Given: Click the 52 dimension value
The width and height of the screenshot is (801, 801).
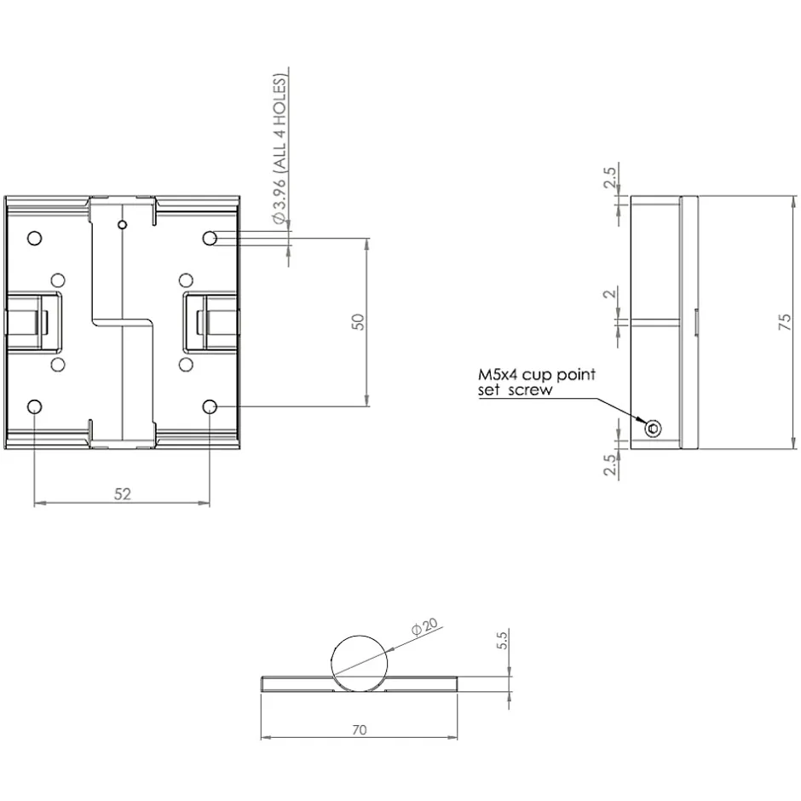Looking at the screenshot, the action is pyautogui.click(x=123, y=494).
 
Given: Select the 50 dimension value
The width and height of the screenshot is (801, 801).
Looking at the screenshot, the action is pyautogui.click(x=359, y=322).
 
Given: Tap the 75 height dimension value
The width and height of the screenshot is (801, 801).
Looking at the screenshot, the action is pyautogui.click(x=785, y=322).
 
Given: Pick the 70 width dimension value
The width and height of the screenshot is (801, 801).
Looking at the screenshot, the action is pyautogui.click(x=359, y=730).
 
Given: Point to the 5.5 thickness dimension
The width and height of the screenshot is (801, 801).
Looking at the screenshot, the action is pyautogui.click(x=502, y=641).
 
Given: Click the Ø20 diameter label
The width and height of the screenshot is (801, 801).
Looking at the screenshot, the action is pyautogui.click(x=424, y=626).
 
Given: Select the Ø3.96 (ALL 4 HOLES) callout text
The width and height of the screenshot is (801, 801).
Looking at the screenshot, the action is pyautogui.click(x=280, y=149).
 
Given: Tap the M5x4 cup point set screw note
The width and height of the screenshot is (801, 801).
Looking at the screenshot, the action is pyautogui.click(x=536, y=382).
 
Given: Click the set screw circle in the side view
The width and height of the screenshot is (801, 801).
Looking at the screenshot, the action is pyautogui.click(x=653, y=428).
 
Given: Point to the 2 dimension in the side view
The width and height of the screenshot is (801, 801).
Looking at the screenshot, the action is pyautogui.click(x=610, y=294).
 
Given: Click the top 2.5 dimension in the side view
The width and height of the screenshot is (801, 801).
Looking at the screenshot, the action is pyautogui.click(x=610, y=176).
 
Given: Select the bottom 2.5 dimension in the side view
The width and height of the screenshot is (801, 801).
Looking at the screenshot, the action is pyautogui.click(x=610, y=464).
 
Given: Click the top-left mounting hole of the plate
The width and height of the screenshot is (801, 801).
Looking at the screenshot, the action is pyautogui.click(x=34, y=238).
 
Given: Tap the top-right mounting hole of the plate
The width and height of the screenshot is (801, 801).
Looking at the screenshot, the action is pyautogui.click(x=210, y=238).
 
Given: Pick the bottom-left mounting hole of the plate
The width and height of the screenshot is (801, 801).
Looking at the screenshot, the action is pyautogui.click(x=34, y=406).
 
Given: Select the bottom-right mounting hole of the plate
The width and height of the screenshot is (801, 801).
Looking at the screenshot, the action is pyautogui.click(x=210, y=406).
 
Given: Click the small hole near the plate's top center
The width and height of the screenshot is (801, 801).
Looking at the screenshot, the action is pyautogui.click(x=122, y=225).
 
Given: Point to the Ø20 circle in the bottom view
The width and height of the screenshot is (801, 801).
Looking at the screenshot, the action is pyautogui.click(x=359, y=637).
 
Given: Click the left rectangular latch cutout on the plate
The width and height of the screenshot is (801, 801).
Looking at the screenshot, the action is pyautogui.click(x=61, y=322).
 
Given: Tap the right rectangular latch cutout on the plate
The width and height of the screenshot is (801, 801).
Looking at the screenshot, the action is pyautogui.click(x=184, y=322).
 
